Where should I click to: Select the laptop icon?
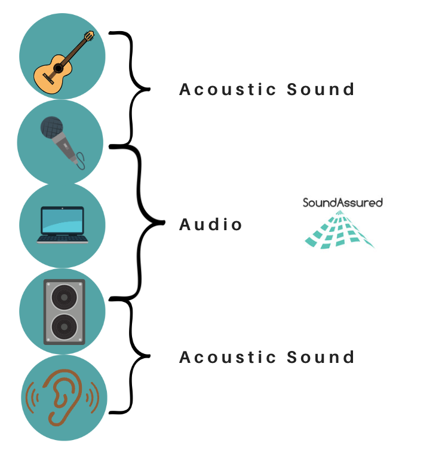click(x=62, y=225)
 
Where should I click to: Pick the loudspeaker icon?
click(x=63, y=311)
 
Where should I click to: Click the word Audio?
click(x=211, y=225)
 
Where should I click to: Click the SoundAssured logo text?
click(x=342, y=203)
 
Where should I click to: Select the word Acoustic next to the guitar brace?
click(x=228, y=90)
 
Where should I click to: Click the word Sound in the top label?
click(x=321, y=90)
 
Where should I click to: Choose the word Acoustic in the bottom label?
click(x=228, y=358)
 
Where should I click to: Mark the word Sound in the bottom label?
click(x=321, y=358)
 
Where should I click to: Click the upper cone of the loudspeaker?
click(x=63, y=296)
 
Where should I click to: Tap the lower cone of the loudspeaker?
click(x=63, y=327)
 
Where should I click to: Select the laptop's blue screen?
click(x=62, y=220)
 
